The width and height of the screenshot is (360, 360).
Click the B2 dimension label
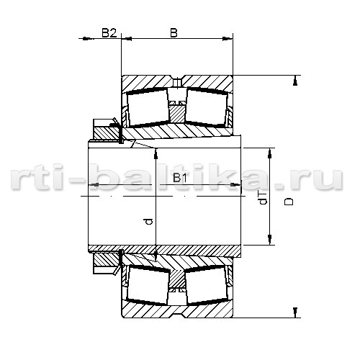(109, 33)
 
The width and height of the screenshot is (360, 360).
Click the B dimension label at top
(174, 33)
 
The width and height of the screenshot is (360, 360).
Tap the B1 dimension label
(180, 178)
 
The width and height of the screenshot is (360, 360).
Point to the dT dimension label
(264, 198)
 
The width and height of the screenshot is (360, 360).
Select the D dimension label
(289, 201)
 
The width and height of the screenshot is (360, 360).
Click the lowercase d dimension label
(149, 221)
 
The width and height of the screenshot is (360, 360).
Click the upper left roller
(148, 107)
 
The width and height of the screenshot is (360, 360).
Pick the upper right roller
(207, 107)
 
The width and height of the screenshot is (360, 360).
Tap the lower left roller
(148, 285)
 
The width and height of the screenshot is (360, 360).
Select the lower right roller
(207, 285)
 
